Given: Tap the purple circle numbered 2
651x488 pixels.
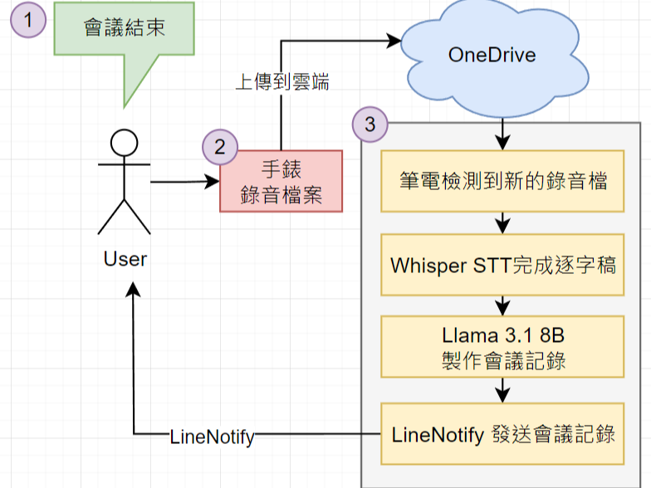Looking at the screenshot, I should click(220, 147).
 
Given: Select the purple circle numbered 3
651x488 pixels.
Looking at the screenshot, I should click(370, 124).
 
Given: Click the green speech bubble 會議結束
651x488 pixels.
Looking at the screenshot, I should click(124, 29).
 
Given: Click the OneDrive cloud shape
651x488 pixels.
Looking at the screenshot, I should click(492, 56).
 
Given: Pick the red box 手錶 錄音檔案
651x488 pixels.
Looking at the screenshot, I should click(281, 181).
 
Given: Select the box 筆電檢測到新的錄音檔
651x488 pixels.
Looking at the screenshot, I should click(502, 181).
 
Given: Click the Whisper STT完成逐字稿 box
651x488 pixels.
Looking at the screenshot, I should click(502, 265).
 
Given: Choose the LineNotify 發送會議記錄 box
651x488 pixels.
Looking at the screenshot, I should click(502, 433).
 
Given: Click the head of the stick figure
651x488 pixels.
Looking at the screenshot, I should click(125, 144).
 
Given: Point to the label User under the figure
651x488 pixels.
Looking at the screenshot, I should click(125, 258).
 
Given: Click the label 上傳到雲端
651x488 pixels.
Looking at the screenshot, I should click(283, 82).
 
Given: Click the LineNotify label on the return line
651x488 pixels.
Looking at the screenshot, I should click(212, 436).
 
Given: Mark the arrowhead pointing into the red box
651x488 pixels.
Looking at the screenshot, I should click(213, 181).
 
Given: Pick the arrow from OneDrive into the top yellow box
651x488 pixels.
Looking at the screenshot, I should click(502, 139).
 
